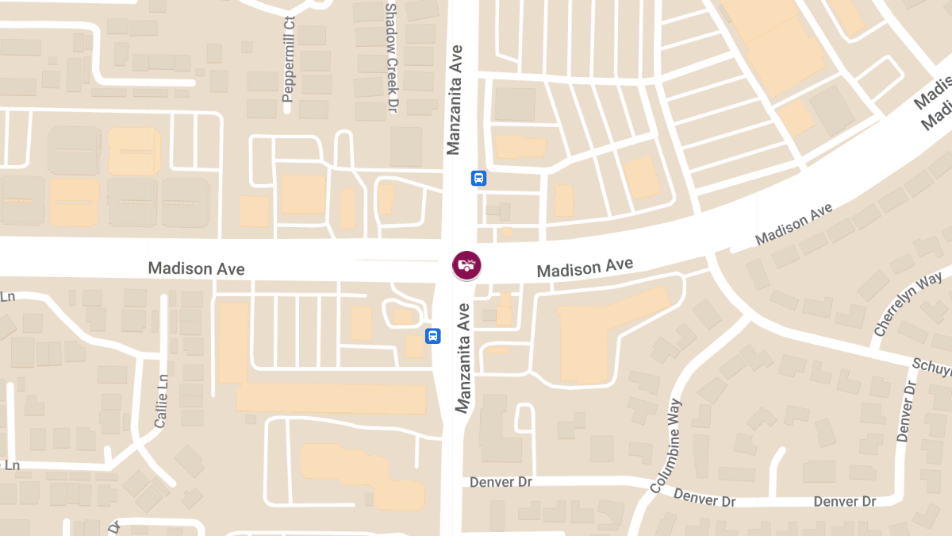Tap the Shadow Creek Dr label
(x=390, y=57)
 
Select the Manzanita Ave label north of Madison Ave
(x=455, y=99)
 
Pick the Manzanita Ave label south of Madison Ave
(x=463, y=357)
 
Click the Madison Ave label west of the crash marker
(x=196, y=269)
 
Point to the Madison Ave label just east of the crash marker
(x=585, y=268)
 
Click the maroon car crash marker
(x=466, y=265)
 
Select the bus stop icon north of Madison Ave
(x=478, y=178)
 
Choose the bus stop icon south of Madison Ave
(x=433, y=336)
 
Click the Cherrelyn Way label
(x=908, y=303)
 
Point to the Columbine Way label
(x=666, y=445)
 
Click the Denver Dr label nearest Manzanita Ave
(x=501, y=482)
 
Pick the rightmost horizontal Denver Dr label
(x=845, y=502)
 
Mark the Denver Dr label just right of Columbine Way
(x=705, y=499)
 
